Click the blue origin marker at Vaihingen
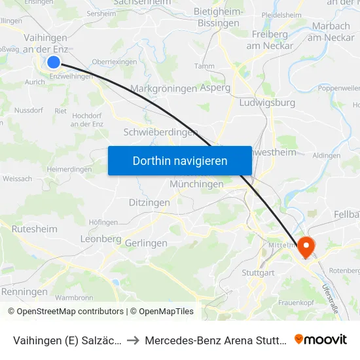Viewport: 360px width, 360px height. coord(54,62)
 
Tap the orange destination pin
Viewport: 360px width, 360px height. coord(306,247)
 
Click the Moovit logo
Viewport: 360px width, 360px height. coord(321,340)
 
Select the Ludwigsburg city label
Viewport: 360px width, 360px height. coord(268,103)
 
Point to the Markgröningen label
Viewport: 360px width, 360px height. coord(164,88)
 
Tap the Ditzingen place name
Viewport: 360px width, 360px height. coord(149,203)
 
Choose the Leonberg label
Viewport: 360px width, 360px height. coord(101,239)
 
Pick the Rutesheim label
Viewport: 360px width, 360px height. coord(35,229)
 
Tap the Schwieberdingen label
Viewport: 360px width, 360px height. coord(160,132)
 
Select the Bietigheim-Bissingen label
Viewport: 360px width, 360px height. coord(218,18)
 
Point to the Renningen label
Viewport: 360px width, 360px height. coord(25,291)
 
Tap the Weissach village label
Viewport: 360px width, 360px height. coord(17,179)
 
